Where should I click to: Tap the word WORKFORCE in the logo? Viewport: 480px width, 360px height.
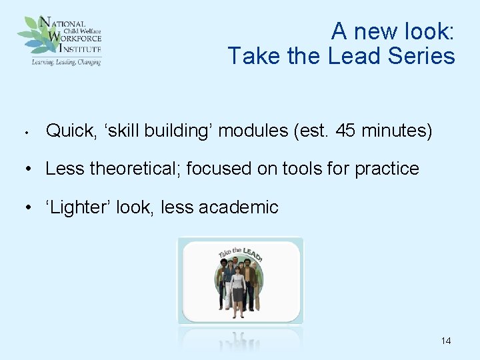click(77, 39)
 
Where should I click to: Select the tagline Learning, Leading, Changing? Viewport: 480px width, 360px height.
click(66, 62)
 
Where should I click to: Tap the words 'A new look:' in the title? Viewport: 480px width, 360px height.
click(393, 31)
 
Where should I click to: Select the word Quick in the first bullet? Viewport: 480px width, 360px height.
click(69, 131)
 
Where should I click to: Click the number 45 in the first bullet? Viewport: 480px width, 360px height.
click(346, 131)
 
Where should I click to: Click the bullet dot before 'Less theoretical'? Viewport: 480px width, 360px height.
click(29, 169)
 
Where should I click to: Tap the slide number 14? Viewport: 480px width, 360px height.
click(446, 341)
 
